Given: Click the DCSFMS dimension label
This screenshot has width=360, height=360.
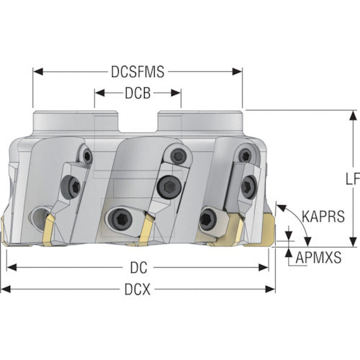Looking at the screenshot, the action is tap(138, 71).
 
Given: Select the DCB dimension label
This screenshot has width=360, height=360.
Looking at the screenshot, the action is tap(138, 93).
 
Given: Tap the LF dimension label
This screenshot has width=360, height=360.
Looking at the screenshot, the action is tap(353, 179).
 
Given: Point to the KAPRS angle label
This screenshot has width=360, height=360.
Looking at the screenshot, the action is tap(323, 216).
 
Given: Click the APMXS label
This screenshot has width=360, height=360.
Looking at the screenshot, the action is tap(318, 258).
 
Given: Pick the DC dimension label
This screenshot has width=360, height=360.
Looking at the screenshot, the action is tap(138, 268).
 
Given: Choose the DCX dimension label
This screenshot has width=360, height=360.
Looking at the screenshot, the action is tap(138, 289).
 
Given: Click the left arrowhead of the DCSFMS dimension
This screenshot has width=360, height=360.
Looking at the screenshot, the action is tap(37, 71).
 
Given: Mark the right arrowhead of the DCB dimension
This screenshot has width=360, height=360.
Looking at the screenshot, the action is tap(176, 93).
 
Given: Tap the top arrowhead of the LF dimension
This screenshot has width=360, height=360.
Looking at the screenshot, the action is tap(353, 115).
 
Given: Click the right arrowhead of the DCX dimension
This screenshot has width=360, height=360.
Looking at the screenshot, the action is tap(270, 289).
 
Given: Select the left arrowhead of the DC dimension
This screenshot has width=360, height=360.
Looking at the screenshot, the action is tap(12, 268).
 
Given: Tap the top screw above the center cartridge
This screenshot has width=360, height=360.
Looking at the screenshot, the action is tap(178, 156).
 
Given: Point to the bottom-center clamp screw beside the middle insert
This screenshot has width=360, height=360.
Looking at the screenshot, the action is tap(120, 219).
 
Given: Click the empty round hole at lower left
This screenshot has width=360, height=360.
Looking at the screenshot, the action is tap(40, 217).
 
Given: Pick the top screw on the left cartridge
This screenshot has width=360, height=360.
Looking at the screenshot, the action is tap(87, 156).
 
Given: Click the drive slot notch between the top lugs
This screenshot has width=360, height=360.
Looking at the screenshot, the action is tap(137, 122).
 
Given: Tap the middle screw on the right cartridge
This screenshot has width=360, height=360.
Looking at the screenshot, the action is tap(248, 187).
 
